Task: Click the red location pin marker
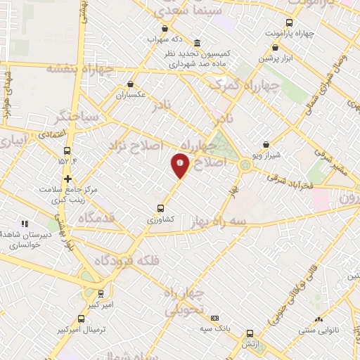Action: pos(180,165)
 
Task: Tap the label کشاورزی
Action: pos(160,220)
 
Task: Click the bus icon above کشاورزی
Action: pos(160,208)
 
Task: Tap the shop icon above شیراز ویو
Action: pos(266,144)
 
